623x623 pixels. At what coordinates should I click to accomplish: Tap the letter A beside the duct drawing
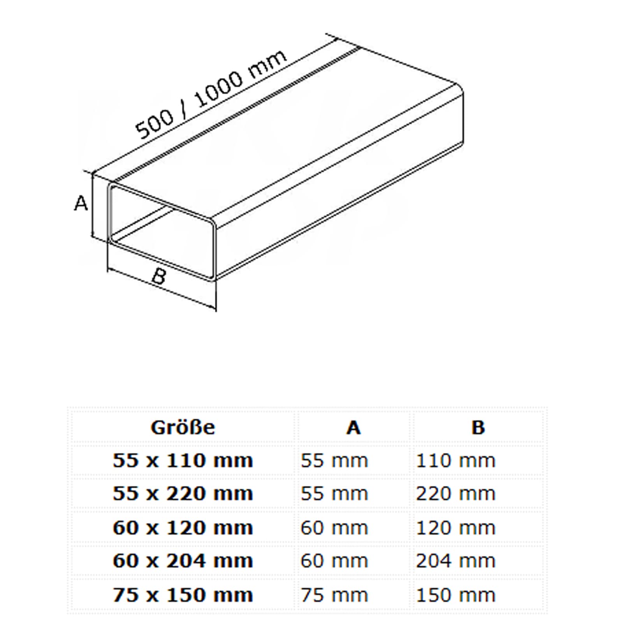pyautogui.click(x=81, y=203)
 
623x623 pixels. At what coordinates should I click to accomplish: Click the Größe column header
pyautogui.click(x=183, y=427)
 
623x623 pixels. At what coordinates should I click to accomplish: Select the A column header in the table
pyautogui.click(x=353, y=428)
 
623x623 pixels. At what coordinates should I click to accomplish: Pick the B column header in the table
pyautogui.click(x=478, y=428)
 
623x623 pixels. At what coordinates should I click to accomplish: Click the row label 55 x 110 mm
pyautogui.click(x=183, y=461)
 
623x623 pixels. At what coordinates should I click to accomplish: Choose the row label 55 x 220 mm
pyautogui.click(x=183, y=494)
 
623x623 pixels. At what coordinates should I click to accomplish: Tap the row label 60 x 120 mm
pyautogui.click(x=183, y=528)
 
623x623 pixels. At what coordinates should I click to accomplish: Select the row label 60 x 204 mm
pyautogui.click(x=183, y=561)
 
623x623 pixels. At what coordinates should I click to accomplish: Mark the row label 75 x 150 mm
pyautogui.click(x=183, y=595)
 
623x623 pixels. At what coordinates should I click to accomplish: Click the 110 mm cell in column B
pyautogui.click(x=456, y=461)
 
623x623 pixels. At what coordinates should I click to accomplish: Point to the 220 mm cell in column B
pyautogui.click(x=456, y=494)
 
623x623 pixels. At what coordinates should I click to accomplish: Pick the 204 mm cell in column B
pyautogui.click(x=456, y=561)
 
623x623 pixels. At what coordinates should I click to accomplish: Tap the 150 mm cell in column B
pyautogui.click(x=456, y=595)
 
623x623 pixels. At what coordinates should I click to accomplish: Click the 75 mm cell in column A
pyautogui.click(x=334, y=595)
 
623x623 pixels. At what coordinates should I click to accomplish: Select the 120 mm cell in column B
pyautogui.click(x=456, y=528)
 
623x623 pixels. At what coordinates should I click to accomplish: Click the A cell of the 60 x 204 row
pyautogui.click(x=334, y=561)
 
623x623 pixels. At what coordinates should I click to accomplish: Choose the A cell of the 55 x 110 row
pyautogui.click(x=334, y=461)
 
